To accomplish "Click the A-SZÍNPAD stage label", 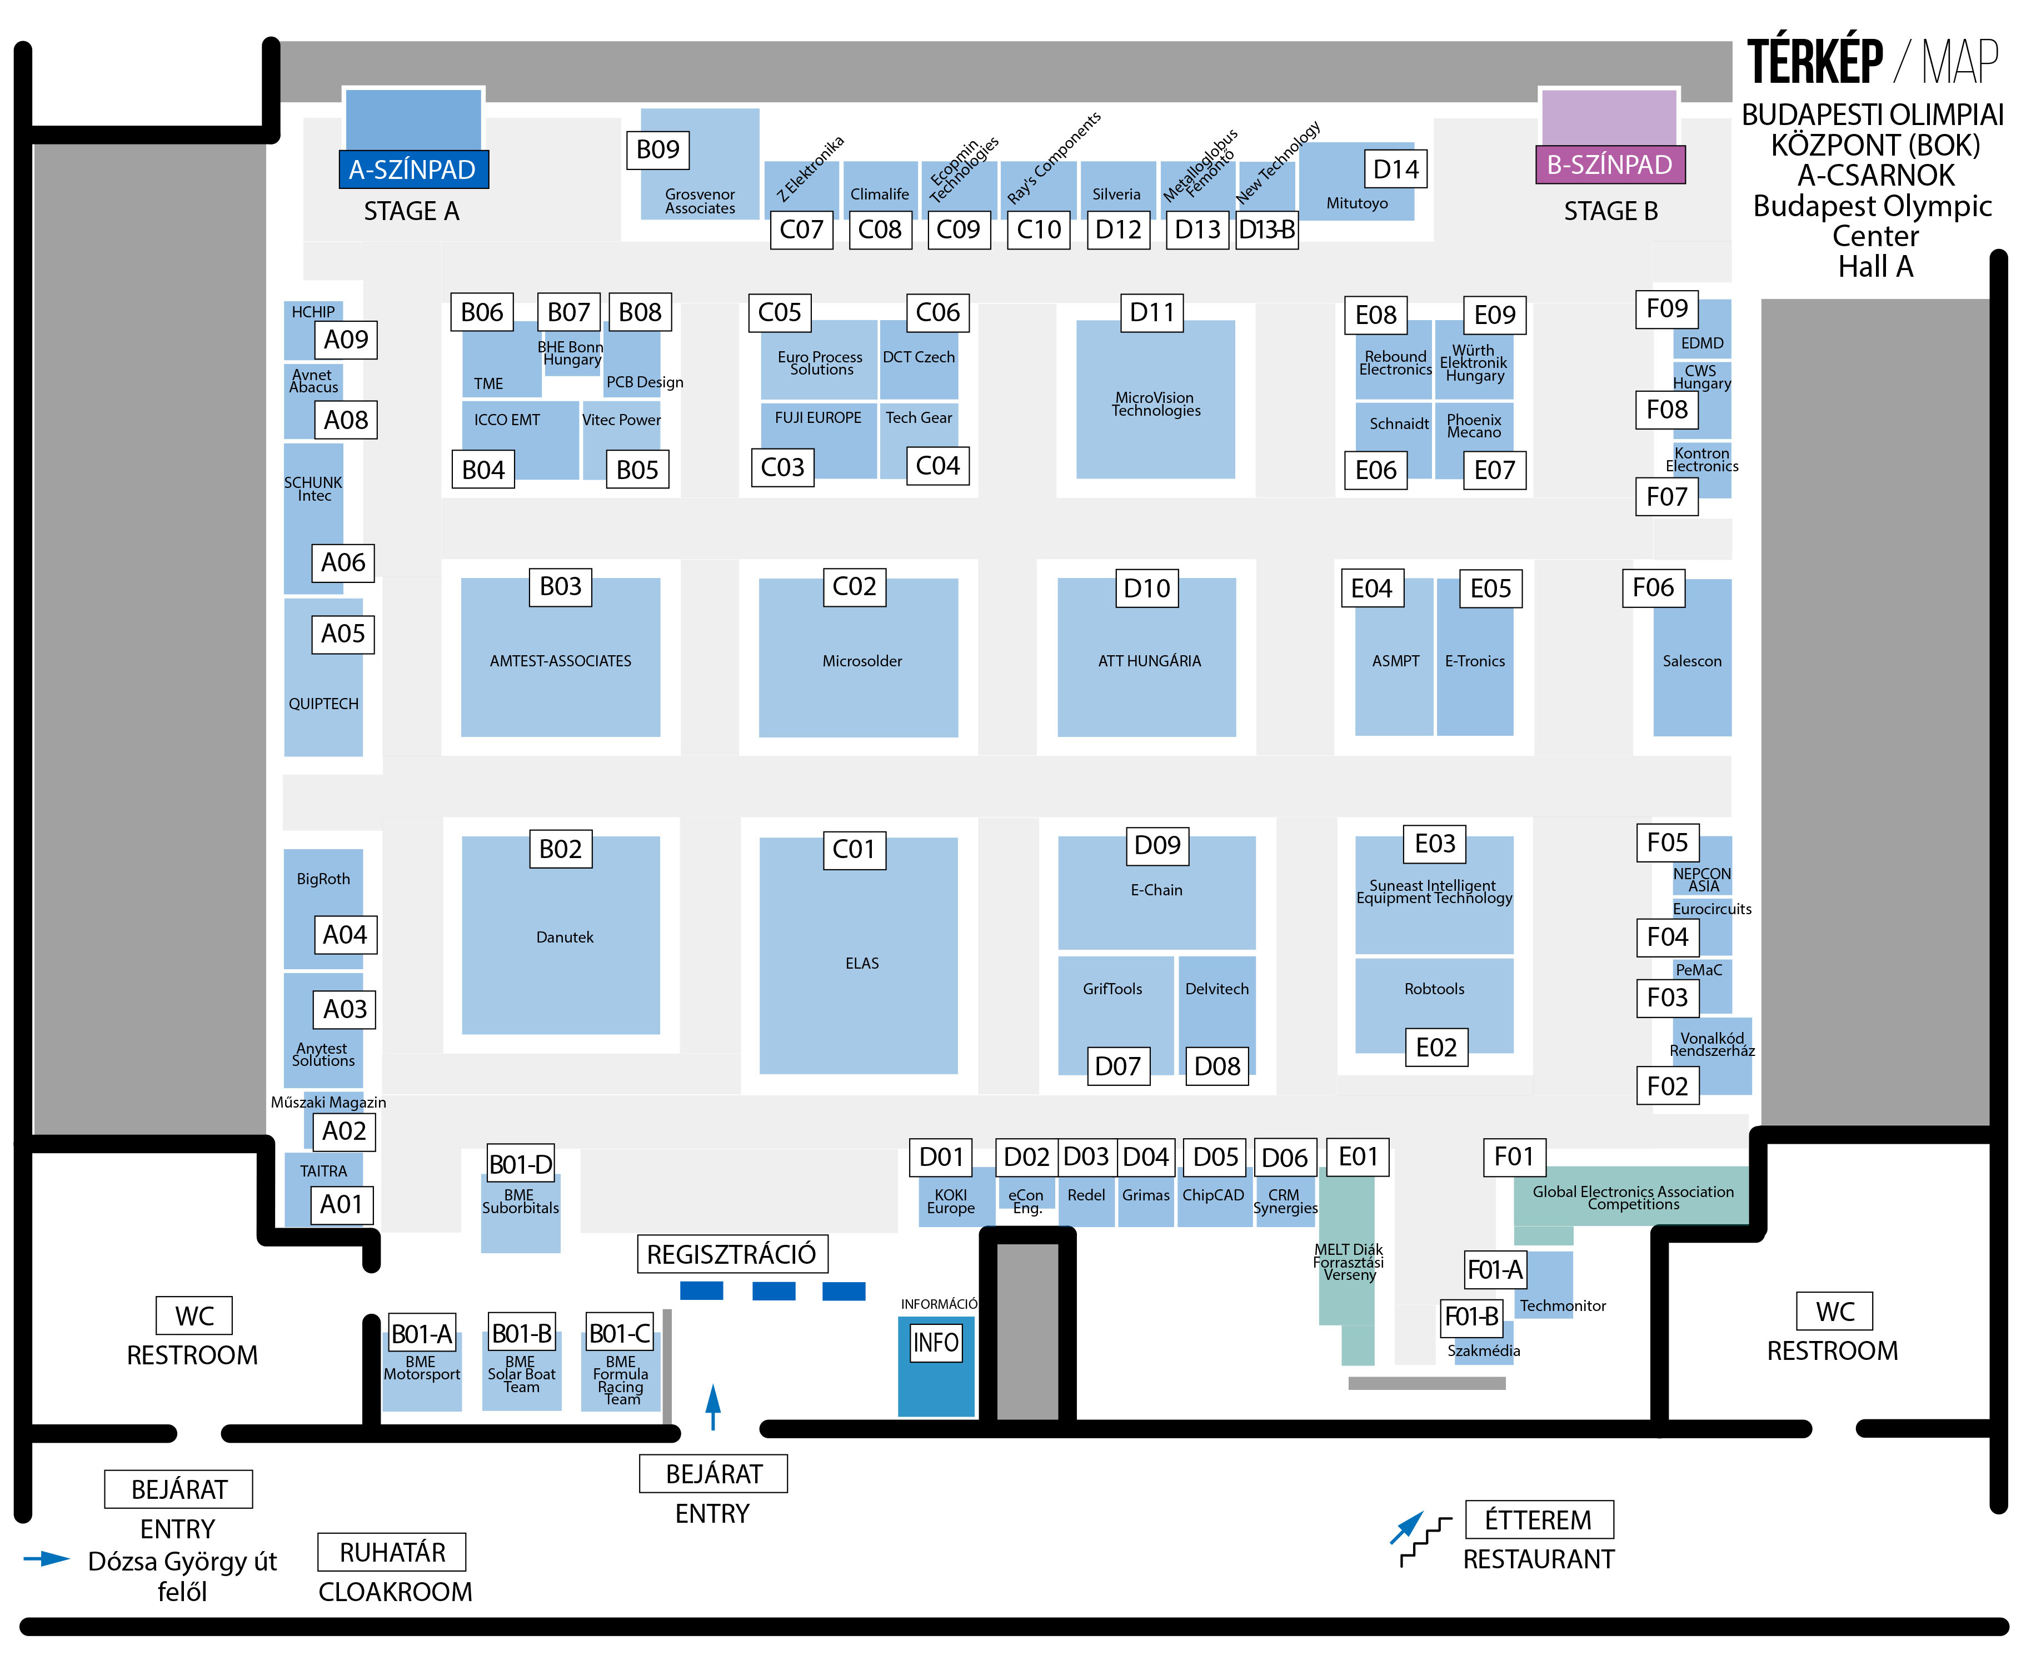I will (x=412, y=170).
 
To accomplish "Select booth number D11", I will (x=1152, y=313).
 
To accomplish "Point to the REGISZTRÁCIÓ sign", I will (x=732, y=1254).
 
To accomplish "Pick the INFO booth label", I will (x=935, y=1343).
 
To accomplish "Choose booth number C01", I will (x=854, y=850).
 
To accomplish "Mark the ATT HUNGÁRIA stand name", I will (x=1149, y=661).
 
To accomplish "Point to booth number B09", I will (x=658, y=149).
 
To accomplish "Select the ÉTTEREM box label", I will (x=1538, y=1520).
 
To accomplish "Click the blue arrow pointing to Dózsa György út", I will (x=46, y=1558).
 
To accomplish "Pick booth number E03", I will (x=1435, y=844).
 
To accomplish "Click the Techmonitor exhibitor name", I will (x=1561, y=1305).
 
